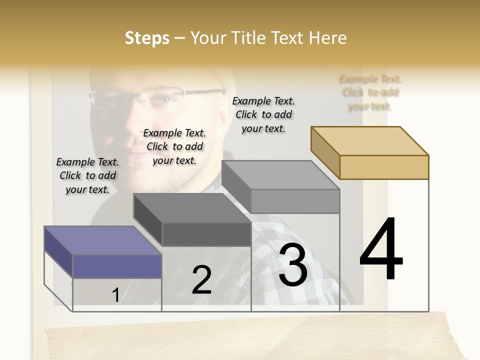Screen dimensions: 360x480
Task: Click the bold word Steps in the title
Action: point(147,38)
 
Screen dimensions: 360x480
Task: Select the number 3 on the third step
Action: point(293,265)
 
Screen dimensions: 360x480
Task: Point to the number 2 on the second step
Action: point(201,280)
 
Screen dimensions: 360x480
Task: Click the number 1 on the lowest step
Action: point(115,295)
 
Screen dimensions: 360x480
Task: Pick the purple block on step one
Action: point(116,265)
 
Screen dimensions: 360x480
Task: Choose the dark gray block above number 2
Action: point(206,233)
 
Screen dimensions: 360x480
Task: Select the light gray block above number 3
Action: point(295,200)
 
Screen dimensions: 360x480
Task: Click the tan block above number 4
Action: point(383,166)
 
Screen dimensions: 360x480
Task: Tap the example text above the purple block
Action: point(88,175)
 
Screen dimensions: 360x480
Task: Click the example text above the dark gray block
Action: point(174,146)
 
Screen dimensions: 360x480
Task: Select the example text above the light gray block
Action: point(263,114)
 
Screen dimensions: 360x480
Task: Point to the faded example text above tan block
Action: point(370,92)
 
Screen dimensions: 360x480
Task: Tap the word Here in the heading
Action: point(327,38)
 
